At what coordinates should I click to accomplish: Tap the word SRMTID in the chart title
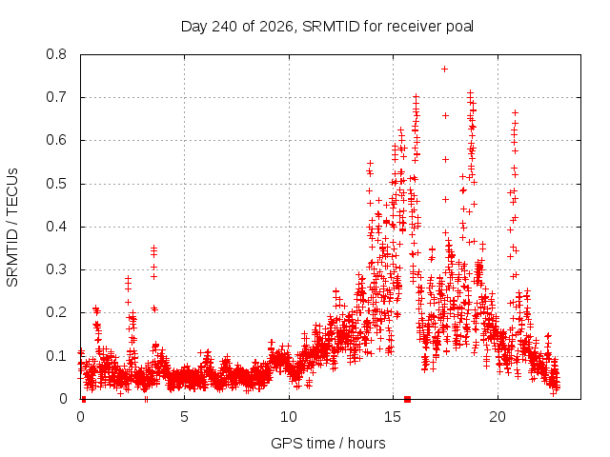[331, 27]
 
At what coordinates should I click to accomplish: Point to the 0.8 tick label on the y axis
[56, 54]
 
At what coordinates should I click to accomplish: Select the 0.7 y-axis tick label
[56, 97]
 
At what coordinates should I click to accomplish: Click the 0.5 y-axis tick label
[56, 184]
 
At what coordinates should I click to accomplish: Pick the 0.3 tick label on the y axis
[56, 269]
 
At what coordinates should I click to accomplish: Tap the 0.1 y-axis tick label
[56, 356]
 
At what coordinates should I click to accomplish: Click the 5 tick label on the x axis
[184, 417]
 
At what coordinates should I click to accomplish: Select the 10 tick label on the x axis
[289, 417]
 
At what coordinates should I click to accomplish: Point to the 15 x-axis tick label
[393, 417]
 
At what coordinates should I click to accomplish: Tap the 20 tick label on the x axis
[498, 417]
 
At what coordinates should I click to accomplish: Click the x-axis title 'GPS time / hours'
[328, 444]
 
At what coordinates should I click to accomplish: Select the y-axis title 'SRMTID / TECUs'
[12, 228]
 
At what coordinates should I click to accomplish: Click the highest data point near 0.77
[444, 70]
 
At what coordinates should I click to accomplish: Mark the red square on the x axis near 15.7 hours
[407, 399]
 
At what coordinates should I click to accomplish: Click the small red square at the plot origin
[84, 399]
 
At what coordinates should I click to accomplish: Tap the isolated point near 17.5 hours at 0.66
[445, 116]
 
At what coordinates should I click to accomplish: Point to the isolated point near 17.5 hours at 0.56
[445, 159]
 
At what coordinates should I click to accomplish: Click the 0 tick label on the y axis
[63, 399]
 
